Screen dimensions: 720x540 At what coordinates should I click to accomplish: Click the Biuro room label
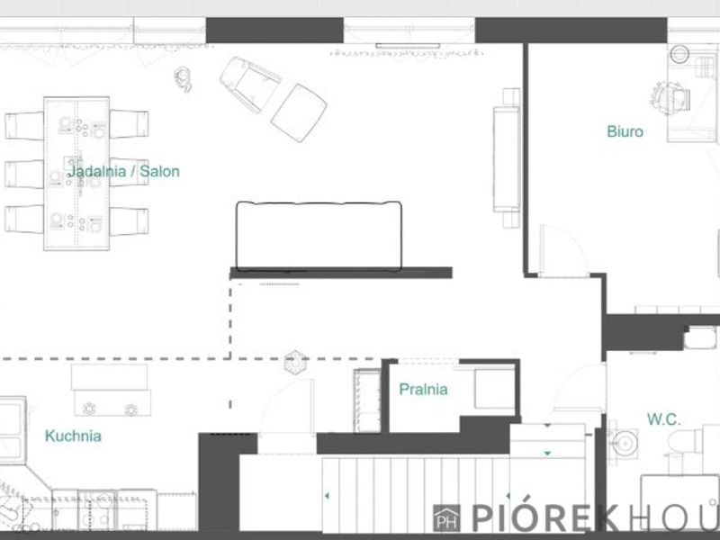point(625,131)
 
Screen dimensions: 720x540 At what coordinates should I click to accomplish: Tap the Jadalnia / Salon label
point(123,172)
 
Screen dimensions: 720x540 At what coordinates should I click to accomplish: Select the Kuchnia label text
point(73,436)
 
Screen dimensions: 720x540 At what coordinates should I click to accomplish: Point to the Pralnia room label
point(423,390)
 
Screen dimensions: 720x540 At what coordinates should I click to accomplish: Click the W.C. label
point(664,419)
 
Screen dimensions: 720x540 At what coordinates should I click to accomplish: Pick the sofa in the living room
point(319,236)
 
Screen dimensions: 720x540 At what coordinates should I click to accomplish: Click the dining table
point(76,174)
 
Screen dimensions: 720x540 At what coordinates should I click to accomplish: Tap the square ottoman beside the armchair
point(299,113)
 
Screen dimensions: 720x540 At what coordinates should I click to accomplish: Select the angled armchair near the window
point(250,84)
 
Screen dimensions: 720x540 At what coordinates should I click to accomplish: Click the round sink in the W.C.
point(624,443)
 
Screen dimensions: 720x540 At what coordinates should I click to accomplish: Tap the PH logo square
point(446,518)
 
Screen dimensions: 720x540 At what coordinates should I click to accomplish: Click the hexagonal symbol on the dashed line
point(295,363)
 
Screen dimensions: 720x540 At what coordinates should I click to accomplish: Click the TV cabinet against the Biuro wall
point(507,158)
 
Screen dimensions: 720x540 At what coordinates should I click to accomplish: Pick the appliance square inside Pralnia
point(494,389)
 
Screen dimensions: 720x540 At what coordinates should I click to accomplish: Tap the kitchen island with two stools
point(112,391)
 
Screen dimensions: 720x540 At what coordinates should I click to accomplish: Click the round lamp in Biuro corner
point(679,54)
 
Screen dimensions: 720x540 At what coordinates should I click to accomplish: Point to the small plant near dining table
point(183,79)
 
